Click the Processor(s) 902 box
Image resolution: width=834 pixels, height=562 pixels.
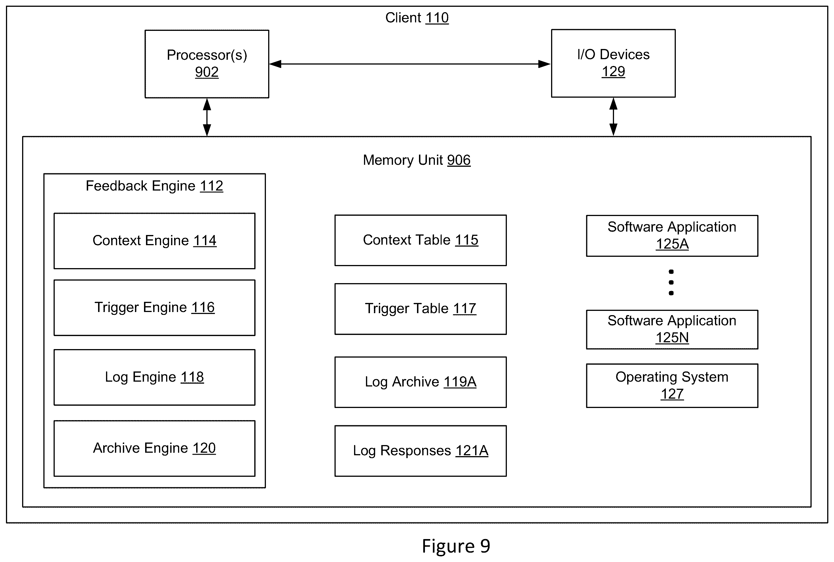[207, 64]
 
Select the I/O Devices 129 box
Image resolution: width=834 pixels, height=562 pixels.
[613, 63]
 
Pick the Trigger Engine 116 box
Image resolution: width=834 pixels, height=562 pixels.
[154, 307]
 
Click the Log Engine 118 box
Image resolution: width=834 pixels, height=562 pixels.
[154, 377]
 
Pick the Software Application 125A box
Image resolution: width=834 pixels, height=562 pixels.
[672, 236]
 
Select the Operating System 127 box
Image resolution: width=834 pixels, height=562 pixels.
[672, 386]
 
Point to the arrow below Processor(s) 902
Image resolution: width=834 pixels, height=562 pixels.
[207, 117]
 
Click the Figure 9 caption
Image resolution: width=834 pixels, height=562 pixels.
[456, 546]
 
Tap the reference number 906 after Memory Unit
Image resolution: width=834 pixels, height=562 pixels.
[459, 160]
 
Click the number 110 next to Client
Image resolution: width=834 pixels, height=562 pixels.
[437, 18]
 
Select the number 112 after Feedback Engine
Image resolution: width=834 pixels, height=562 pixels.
[211, 186]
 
